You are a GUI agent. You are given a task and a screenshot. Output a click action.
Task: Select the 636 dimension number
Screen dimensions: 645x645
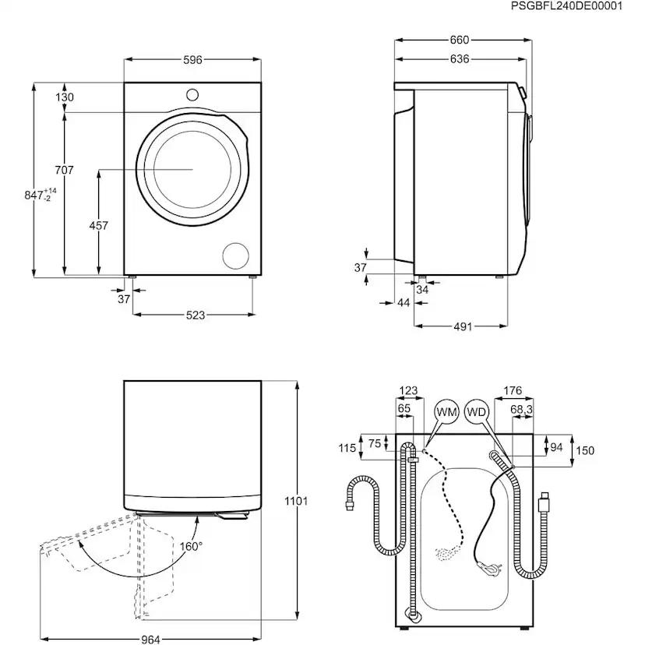point(460,60)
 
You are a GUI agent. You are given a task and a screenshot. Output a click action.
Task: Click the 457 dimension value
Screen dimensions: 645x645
point(99,226)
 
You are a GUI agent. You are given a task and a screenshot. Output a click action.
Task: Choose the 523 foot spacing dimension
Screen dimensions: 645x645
point(195,315)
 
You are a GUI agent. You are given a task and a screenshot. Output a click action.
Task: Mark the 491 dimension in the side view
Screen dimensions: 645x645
point(463,327)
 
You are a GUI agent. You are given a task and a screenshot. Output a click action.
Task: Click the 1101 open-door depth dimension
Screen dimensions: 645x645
point(296,501)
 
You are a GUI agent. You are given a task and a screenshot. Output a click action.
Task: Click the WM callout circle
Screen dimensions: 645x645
point(446,411)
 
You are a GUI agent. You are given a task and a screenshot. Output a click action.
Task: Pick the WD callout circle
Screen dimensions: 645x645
point(476,411)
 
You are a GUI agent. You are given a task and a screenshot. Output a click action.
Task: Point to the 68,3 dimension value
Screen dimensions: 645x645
point(521,408)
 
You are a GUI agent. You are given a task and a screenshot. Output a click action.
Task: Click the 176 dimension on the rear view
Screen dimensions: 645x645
point(512,391)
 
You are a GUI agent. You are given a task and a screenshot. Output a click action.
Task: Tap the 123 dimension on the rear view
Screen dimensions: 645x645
point(408,391)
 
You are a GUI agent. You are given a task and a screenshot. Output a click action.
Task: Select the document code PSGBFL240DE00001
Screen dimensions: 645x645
point(577,6)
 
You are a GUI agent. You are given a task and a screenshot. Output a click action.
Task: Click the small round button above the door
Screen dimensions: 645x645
point(192,94)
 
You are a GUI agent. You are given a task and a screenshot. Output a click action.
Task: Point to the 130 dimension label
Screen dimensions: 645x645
point(65,97)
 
